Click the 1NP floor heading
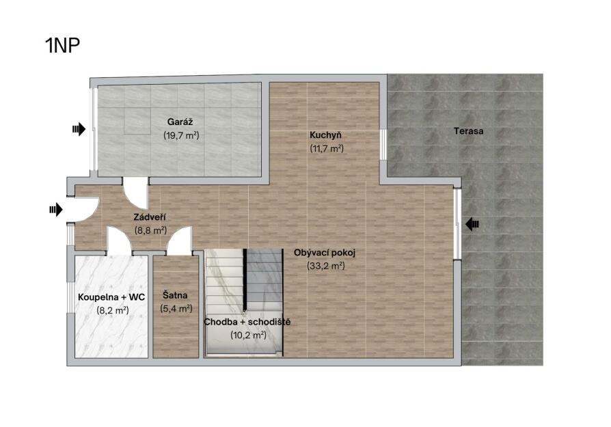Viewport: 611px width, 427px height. [x=62, y=45]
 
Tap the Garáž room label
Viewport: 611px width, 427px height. [x=180, y=122]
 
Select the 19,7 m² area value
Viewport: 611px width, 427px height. [x=181, y=135]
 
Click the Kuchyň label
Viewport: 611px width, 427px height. [x=325, y=135]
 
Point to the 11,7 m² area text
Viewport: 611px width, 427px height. [x=327, y=148]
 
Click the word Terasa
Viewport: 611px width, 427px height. [x=468, y=131]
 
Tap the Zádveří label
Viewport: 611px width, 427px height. [x=150, y=217]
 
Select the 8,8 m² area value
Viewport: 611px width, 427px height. [x=150, y=230]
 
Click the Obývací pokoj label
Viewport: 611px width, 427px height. [x=325, y=253]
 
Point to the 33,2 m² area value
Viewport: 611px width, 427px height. [x=326, y=266]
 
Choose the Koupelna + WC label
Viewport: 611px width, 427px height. [x=111, y=297]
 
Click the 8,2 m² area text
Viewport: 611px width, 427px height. [x=113, y=310]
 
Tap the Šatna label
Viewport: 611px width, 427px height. [x=175, y=295]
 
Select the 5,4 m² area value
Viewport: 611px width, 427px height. [x=176, y=309]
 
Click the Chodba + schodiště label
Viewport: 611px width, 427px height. [x=247, y=322]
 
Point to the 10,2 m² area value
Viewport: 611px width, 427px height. [x=248, y=335]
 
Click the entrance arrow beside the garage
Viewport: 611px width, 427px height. [x=79, y=129]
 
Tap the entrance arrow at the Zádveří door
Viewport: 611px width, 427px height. [x=56, y=210]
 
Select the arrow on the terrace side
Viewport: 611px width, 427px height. [x=472, y=224]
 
